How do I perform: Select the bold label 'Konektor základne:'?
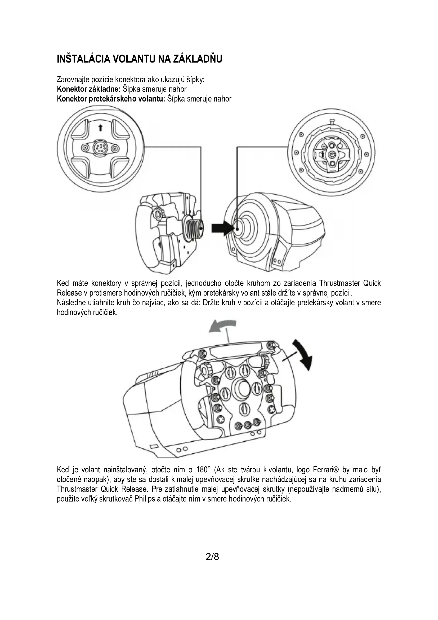point(88,89)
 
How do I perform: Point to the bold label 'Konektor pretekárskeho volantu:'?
point(111,99)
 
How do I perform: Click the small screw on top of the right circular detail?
point(333,121)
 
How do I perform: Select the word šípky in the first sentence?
point(196,80)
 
